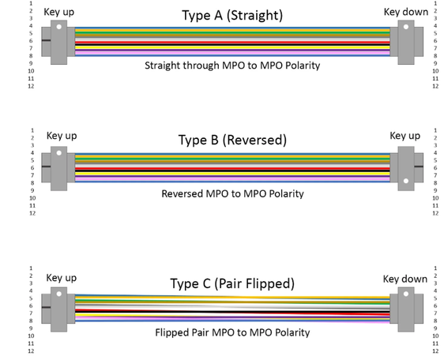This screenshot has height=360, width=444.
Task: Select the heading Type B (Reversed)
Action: tap(232, 141)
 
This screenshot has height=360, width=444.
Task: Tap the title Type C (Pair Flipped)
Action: tap(232, 283)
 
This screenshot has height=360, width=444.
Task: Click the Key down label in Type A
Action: tap(406, 12)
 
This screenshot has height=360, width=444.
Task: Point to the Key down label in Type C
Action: tap(405, 279)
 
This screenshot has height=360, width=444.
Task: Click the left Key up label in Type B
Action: tap(62, 136)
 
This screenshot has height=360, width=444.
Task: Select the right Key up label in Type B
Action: tap(404, 136)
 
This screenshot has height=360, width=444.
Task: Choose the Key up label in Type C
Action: tap(62, 278)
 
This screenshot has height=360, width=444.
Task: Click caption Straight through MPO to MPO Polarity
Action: tap(232, 66)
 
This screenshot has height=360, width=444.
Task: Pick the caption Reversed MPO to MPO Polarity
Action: tap(232, 193)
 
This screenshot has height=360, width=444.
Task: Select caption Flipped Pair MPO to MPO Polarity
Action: tap(232, 332)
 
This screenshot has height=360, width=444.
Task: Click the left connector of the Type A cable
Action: tap(58, 40)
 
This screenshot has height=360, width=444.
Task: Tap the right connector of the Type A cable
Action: tap(405, 39)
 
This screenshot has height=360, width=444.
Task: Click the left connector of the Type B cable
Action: tap(59, 167)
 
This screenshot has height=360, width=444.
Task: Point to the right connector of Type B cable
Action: tap(405, 167)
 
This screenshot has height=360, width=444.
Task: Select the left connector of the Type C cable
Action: tap(59, 307)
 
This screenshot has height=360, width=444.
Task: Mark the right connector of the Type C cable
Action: tap(405, 307)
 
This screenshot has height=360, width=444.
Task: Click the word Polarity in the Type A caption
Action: tap(299, 66)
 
